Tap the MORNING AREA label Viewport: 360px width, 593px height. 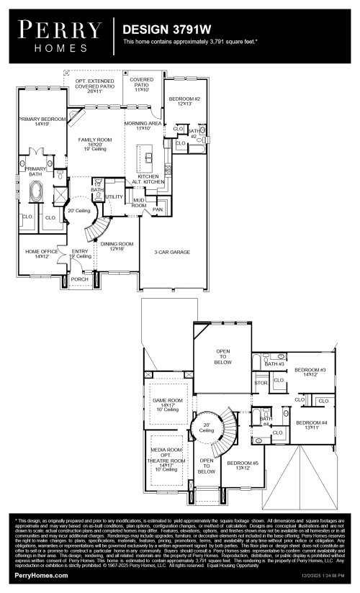coord(141,125)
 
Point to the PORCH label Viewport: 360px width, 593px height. coord(79,279)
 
